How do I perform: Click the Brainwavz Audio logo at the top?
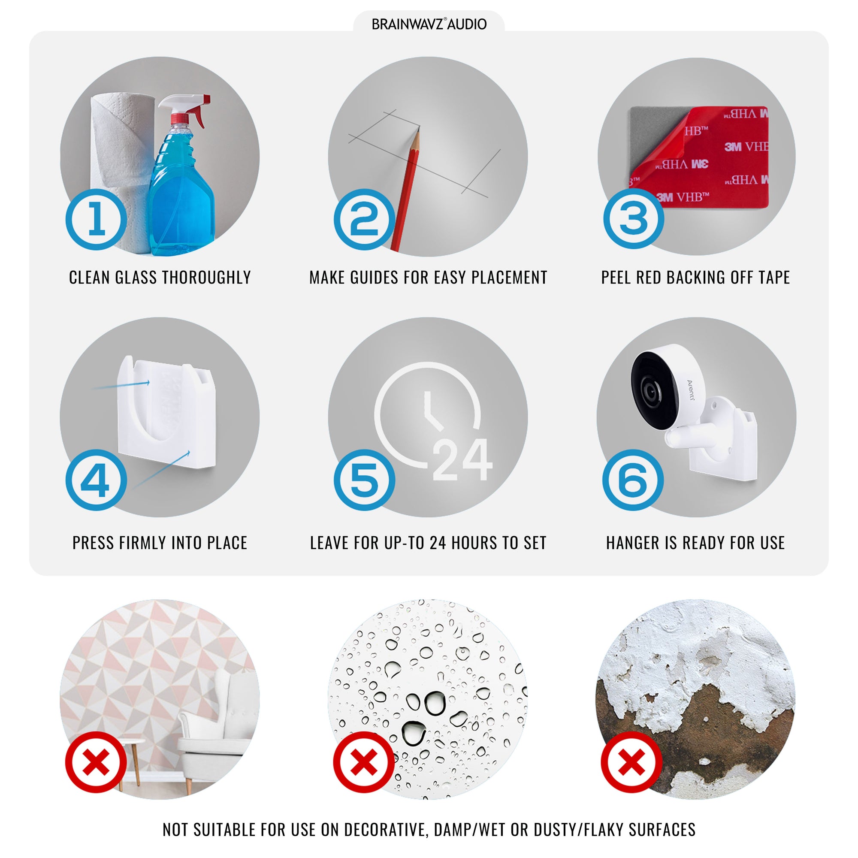429,24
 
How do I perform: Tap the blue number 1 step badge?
97,219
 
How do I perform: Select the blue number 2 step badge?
365,219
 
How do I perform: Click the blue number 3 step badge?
634,218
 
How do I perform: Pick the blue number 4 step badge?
97,480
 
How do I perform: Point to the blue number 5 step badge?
365,480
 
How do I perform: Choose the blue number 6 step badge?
633,480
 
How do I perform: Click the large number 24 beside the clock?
462,459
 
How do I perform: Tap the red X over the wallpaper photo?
96,762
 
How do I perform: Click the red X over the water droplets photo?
364,762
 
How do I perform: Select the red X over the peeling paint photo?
631,762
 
